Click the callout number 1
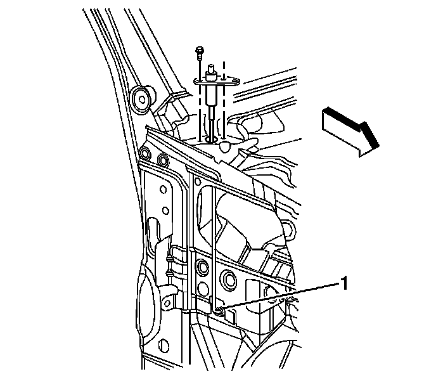pos(344,283)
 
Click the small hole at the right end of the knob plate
pos(236,82)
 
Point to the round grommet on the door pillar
pos(142,100)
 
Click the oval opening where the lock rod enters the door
pos(212,139)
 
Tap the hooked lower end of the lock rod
pos(218,310)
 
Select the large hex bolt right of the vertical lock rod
pos(229,278)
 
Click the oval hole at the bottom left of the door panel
pos(165,346)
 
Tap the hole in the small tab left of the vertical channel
pos(167,303)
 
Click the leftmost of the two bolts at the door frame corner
pos(144,153)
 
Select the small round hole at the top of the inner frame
pos(198,182)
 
